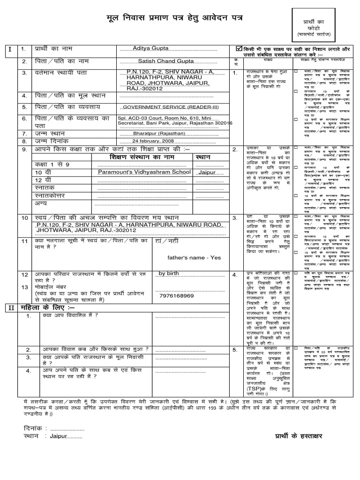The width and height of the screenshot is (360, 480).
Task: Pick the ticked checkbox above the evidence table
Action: coord(240,48)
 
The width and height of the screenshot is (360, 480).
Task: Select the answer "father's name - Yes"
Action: coord(194,257)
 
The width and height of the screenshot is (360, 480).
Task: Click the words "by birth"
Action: coord(169,273)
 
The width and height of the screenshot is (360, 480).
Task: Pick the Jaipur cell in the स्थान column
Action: coord(207,172)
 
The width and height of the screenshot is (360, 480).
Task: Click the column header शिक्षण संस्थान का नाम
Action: coord(144,157)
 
